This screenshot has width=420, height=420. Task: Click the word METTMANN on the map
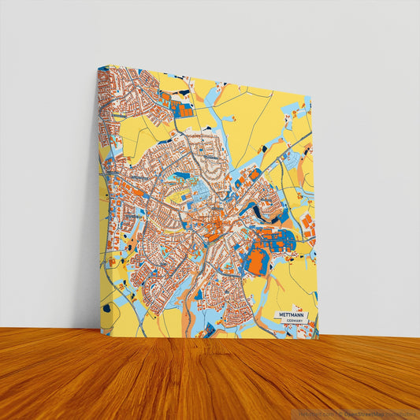(291, 314)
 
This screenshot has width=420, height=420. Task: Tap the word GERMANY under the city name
(294, 322)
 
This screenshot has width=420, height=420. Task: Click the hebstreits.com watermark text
(315, 413)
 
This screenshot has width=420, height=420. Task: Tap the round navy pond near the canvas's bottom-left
(106, 308)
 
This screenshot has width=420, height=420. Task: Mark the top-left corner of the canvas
(98, 67)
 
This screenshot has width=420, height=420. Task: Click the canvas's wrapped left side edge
(98, 197)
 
